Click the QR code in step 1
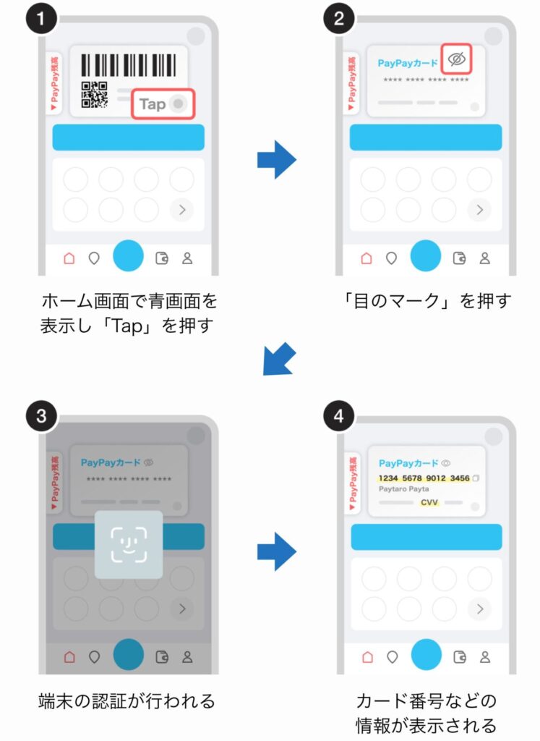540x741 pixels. tap(93, 95)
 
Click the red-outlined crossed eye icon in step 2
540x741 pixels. tap(455, 60)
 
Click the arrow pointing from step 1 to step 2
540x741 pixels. tap(277, 159)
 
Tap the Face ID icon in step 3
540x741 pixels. tap(128, 543)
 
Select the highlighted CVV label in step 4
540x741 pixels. tap(429, 501)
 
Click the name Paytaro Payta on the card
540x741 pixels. tap(403, 489)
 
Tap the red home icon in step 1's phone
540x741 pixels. tap(69, 258)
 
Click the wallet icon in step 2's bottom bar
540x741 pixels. tap(458, 258)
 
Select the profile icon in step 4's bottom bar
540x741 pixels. tap(485, 656)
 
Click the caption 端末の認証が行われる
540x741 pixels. tap(127, 700)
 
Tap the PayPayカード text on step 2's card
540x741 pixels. tap(407, 63)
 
